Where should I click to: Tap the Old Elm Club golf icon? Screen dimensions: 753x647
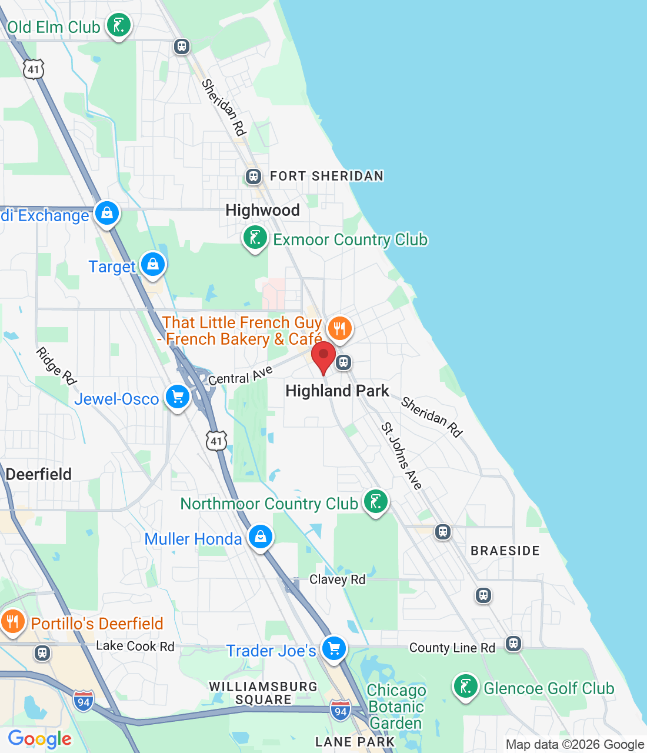119,26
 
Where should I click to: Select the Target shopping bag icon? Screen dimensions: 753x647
153,265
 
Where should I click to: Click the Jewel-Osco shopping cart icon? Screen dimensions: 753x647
178,398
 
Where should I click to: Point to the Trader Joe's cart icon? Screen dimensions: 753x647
334,649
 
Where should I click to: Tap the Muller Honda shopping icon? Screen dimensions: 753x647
260,537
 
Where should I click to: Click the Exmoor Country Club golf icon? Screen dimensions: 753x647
255,238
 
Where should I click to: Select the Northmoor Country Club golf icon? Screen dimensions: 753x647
375,502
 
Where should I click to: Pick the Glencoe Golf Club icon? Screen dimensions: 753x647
465,687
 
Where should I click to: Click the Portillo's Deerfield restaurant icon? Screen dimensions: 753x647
12,622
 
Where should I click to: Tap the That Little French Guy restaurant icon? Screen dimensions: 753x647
339,328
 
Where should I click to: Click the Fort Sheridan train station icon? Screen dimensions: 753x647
254,176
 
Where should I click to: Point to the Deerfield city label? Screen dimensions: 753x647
39,474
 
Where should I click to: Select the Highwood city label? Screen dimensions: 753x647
262,210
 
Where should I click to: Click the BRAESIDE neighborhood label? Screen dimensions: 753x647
505,551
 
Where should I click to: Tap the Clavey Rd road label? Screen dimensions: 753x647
337,579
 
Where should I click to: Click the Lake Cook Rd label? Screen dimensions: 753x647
135,646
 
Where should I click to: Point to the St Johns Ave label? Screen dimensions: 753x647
401,456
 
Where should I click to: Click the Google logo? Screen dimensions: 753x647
40,739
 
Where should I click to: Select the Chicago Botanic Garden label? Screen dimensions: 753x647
396,707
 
